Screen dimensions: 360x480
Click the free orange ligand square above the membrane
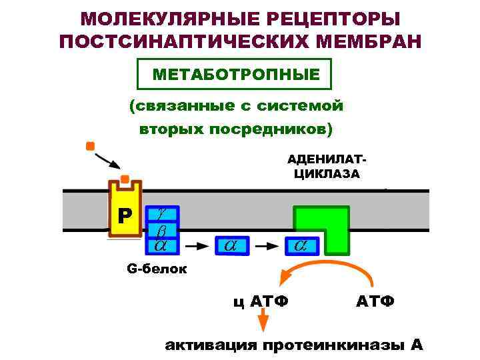(x=90, y=145)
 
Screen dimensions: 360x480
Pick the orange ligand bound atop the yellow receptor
(x=125, y=179)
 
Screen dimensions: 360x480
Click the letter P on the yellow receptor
(x=125, y=215)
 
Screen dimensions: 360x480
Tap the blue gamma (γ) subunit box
(x=161, y=213)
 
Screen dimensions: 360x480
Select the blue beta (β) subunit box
(x=161, y=230)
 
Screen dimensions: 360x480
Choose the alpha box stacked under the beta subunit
(x=161, y=245)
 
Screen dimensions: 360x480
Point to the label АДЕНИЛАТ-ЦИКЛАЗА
(x=326, y=167)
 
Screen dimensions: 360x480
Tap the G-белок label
(x=157, y=269)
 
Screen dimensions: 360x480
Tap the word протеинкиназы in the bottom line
(x=332, y=345)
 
